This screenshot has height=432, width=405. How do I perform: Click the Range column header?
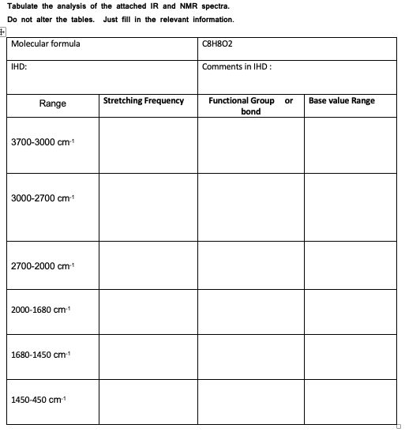pos(53,104)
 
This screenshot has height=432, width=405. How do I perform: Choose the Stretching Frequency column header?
pos(144,101)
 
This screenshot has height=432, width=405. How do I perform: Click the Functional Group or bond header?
pos(250,106)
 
